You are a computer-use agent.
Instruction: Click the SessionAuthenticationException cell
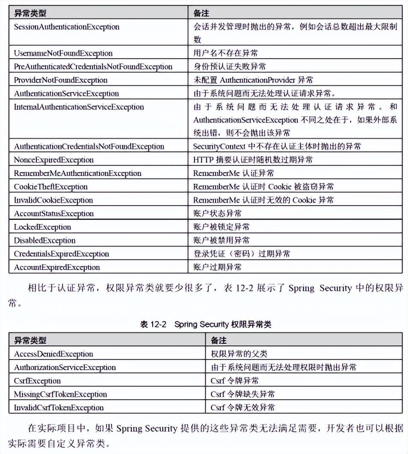point(66,27)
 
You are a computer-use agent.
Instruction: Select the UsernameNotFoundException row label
point(63,53)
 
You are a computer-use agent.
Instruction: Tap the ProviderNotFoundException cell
point(60,80)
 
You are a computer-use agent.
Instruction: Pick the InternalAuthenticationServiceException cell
point(79,107)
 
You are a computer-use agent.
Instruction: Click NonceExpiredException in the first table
point(53,160)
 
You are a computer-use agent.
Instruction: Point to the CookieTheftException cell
point(50,187)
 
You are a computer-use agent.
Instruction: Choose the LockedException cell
point(42,227)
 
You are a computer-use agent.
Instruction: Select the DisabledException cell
point(44,240)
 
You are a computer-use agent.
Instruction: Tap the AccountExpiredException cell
point(57,267)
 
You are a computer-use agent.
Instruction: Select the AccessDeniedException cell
point(53,354)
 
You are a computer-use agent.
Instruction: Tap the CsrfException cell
point(37,381)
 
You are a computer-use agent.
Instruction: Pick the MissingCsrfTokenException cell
point(60,394)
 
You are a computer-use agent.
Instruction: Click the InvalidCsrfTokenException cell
point(59,407)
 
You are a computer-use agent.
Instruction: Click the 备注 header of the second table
point(219,340)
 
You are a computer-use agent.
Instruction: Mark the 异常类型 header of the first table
point(30,13)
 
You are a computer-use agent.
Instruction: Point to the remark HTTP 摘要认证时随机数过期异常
point(253,160)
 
